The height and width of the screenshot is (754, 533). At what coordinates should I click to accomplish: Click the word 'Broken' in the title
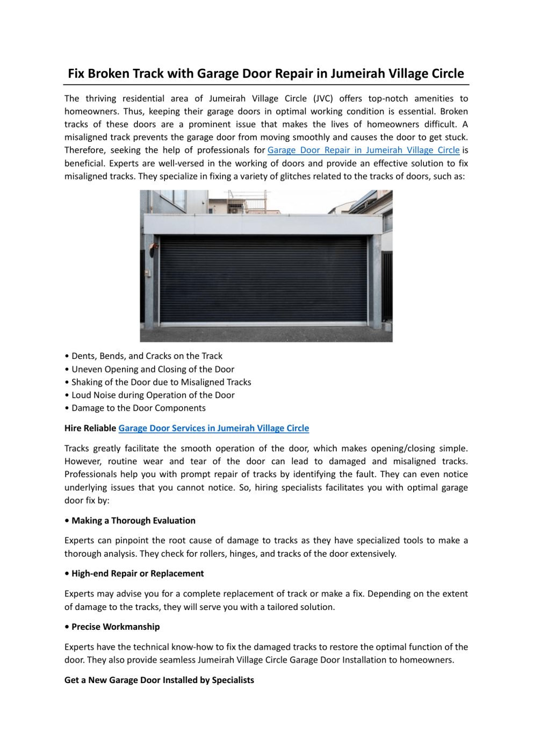pos(110,74)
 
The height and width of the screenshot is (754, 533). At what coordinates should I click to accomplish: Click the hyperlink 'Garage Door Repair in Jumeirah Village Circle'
pos(363,150)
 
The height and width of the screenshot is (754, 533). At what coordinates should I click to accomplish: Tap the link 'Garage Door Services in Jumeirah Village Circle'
pos(213,428)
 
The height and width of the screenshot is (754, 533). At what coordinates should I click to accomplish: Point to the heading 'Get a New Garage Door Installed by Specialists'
pos(159,680)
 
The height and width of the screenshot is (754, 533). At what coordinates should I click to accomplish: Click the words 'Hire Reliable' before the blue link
pos(90,428)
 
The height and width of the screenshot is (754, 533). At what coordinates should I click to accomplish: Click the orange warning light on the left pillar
pos(155,248)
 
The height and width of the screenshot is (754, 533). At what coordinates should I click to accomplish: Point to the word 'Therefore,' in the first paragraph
pos(84,150)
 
